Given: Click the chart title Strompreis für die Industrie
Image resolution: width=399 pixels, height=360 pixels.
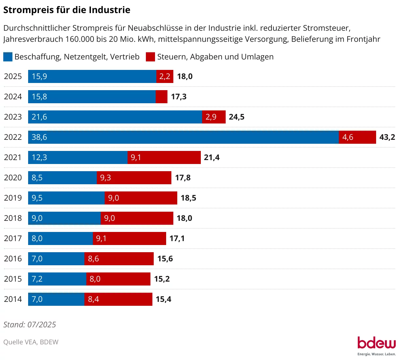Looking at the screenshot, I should tap(67, 10).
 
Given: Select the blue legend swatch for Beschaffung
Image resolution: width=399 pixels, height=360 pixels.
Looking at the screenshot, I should tap(8, 57).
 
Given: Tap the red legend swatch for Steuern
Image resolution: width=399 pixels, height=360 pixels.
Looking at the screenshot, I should tap(150, 57).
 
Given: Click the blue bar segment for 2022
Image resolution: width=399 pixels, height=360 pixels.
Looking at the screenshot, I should tap(183, 137).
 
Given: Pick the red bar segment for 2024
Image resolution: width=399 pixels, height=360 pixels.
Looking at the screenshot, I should tap(162, 97).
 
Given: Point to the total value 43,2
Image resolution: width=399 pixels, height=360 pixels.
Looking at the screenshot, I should tap(387, 137).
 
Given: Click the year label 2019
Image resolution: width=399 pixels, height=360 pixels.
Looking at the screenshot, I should tap(13, 198).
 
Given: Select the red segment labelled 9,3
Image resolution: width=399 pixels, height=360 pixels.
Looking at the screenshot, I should tap(134, 178).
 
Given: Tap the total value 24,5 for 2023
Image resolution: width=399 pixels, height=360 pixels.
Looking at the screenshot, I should tap(236, 117).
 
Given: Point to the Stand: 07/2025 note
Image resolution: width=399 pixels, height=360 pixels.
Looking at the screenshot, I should tap(30, 325).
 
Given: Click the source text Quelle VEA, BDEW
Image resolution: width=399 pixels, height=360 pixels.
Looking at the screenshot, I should tap(31, 342).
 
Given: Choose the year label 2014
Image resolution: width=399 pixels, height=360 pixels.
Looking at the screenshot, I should tap(13, 299).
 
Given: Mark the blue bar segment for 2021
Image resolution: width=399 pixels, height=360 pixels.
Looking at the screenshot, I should tap(78, 157).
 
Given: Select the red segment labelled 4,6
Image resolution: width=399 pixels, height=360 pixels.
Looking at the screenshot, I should tap(357, 137).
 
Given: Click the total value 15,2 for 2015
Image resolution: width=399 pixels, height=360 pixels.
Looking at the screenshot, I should tap(162, 279).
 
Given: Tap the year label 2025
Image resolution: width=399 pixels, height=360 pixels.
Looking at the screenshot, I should tap(13, 76).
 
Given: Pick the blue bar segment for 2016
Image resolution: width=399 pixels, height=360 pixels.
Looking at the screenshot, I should tap(56, 259).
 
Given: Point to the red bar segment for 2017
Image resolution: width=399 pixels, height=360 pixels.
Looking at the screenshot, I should tap(130, 238).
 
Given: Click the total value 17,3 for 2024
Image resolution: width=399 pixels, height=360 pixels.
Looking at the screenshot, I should tap(179, 97).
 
